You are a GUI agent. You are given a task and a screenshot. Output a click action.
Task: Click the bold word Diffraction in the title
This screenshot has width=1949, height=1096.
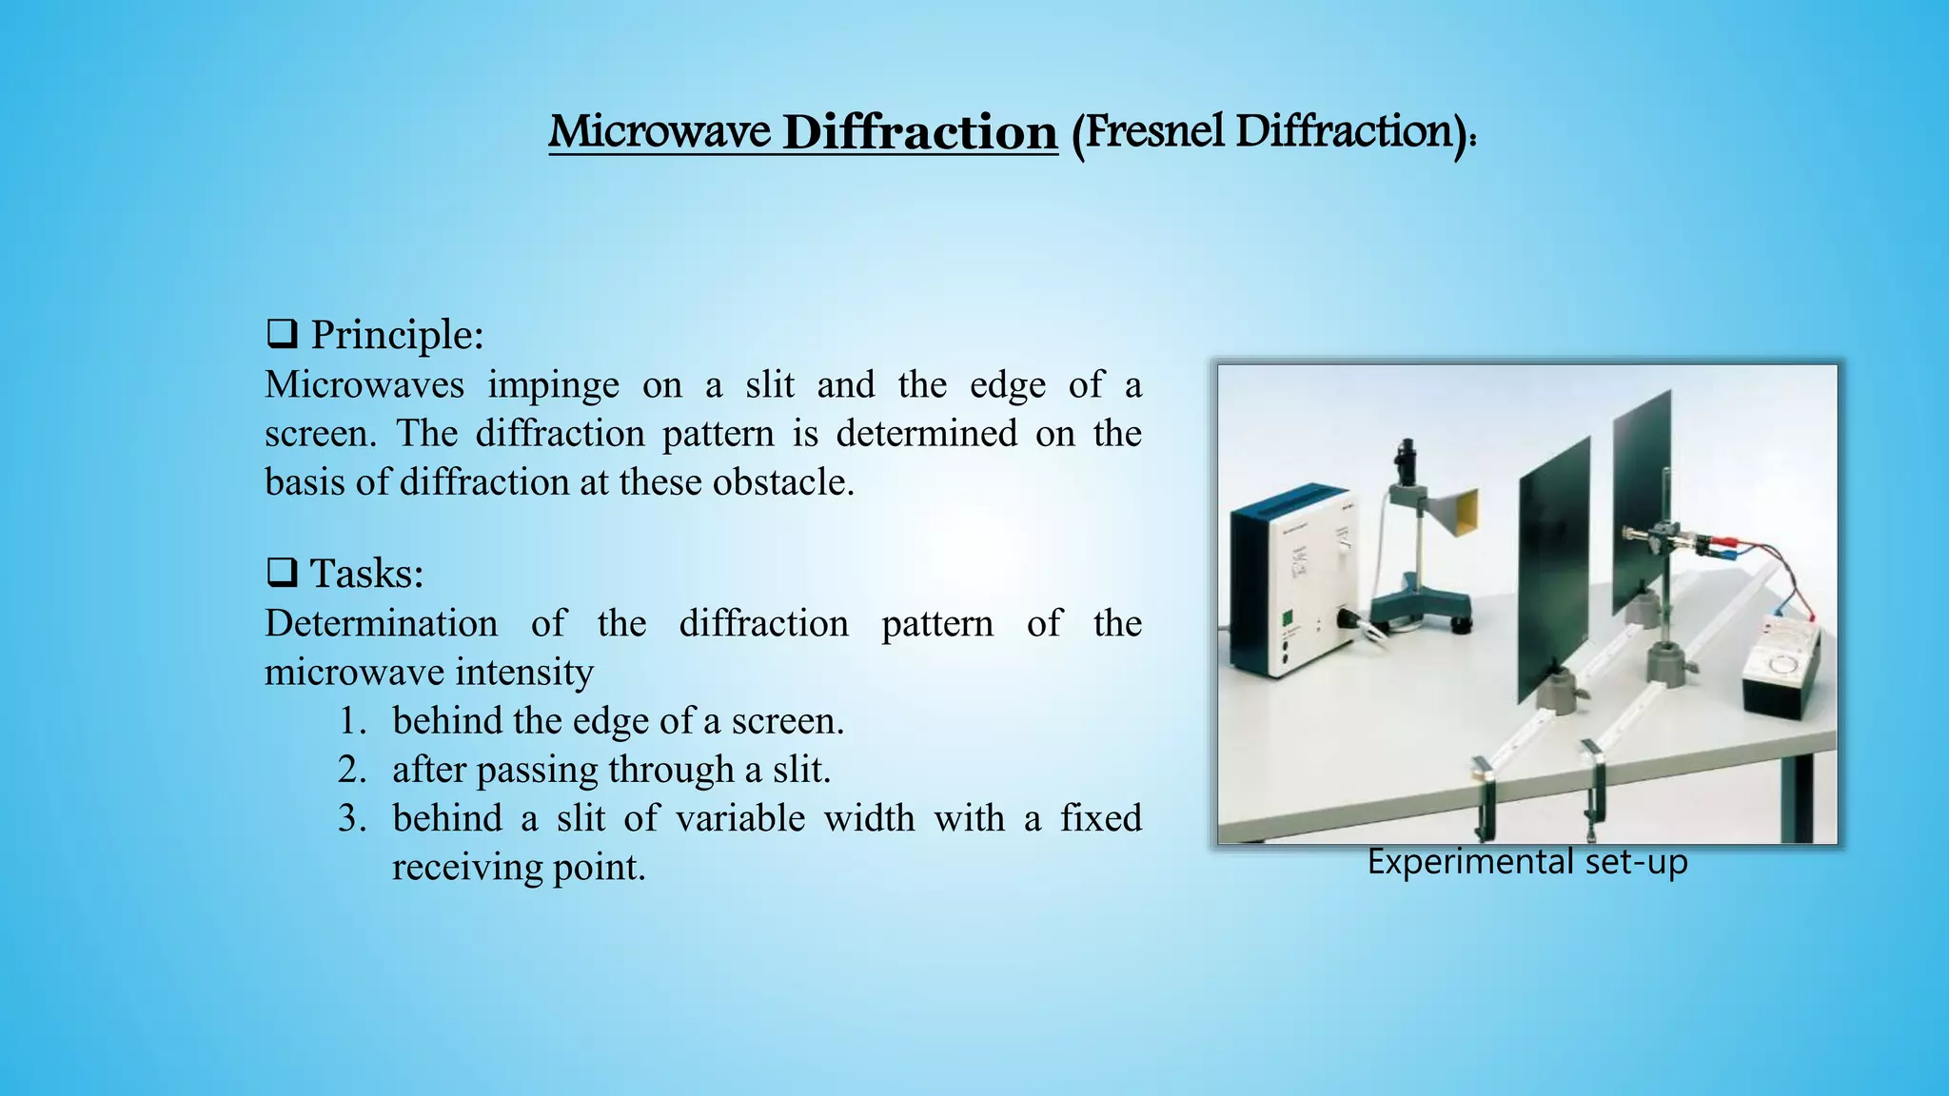coord(919,131)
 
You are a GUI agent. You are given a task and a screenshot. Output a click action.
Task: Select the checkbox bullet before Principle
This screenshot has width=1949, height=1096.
coord(281,335)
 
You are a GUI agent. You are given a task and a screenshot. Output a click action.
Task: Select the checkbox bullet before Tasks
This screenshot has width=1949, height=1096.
coord(281,574)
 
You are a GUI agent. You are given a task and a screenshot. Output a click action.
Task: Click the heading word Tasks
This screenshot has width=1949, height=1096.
coord(366,574)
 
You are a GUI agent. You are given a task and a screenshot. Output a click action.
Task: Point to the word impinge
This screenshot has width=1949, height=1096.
coord(553,385)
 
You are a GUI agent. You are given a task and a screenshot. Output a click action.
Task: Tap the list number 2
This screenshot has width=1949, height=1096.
coord(351,770)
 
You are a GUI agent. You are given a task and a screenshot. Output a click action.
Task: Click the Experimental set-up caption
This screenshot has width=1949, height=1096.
coord(1526,862)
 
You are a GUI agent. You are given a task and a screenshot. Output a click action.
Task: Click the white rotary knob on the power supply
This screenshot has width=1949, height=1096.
coord(1344,547)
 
